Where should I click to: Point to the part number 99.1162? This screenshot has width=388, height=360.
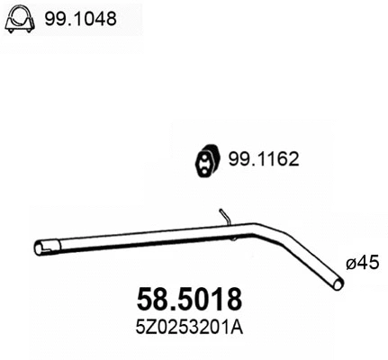click(x=262, y=160)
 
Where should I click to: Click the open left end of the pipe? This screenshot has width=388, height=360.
click(x=39, y=247)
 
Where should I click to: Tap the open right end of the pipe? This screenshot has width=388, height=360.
click(x=338, y=285)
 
